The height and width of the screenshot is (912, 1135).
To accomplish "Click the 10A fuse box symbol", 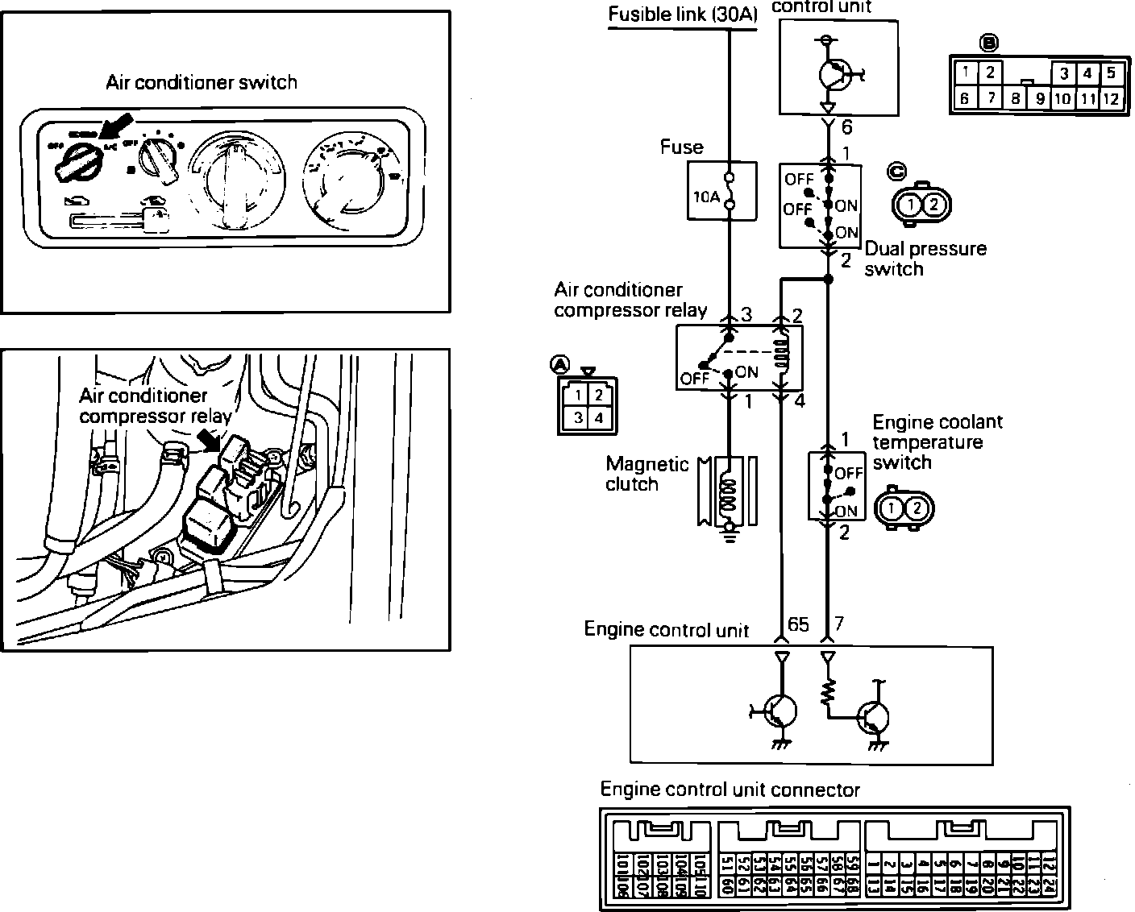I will (721, 191).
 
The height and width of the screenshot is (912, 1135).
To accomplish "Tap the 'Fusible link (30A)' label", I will (682, 15).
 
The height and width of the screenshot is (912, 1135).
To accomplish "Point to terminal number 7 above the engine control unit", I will (839, 623).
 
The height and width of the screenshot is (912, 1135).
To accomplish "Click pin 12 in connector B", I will (1111, 99).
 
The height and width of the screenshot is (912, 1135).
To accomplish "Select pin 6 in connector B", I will (964, 99).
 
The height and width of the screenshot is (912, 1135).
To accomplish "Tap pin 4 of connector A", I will (599, 418).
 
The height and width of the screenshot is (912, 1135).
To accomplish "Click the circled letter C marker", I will (896, 171).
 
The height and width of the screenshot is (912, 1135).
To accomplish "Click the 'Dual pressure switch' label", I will (925, 259).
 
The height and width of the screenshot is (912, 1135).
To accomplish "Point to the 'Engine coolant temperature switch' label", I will (937, 442).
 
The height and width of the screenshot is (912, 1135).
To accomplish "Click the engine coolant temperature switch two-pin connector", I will (904, 508).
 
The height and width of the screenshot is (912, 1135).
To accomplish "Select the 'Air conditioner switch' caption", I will (202, 82).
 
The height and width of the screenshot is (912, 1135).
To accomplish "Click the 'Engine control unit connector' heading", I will (730, 790).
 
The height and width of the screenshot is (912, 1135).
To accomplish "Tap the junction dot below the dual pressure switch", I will (828, 279).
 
